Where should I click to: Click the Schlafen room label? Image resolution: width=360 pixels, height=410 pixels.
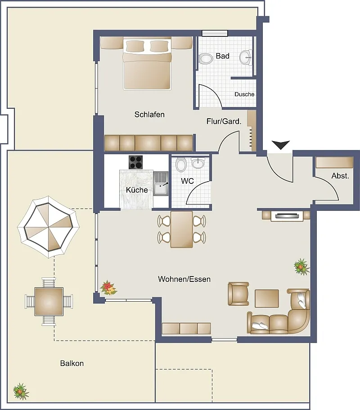click(149, 114)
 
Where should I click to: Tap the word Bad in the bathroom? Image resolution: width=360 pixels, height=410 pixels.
click(223, 56)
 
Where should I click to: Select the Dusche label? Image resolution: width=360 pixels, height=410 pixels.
click(244, 94)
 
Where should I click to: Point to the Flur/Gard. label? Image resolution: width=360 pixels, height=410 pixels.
click(224, 121)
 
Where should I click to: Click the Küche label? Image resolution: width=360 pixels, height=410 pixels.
click(137, 190)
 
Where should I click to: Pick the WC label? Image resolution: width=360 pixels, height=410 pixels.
click(187, 181)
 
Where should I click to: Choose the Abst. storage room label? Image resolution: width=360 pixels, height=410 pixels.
click(340, 176)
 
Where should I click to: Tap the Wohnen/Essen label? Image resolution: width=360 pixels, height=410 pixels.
click(184, 279)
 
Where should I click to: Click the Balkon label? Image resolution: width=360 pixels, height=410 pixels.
click(72, 363)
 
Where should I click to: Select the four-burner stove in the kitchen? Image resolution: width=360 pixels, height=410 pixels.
click(135, 162)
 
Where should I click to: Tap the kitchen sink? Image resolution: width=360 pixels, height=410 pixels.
click(161, 184)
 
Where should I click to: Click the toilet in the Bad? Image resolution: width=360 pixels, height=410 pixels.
click(206, 59)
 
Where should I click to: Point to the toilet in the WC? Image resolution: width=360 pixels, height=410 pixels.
click(181, 165)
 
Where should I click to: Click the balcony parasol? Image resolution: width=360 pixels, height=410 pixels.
click(49, 227)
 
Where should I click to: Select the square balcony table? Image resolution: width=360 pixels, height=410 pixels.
click(49, 302)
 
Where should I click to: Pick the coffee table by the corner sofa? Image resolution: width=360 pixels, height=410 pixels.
click(266, 299)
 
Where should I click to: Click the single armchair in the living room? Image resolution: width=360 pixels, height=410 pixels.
click(238, 294)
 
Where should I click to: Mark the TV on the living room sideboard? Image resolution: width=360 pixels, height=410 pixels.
click(287, 216)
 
